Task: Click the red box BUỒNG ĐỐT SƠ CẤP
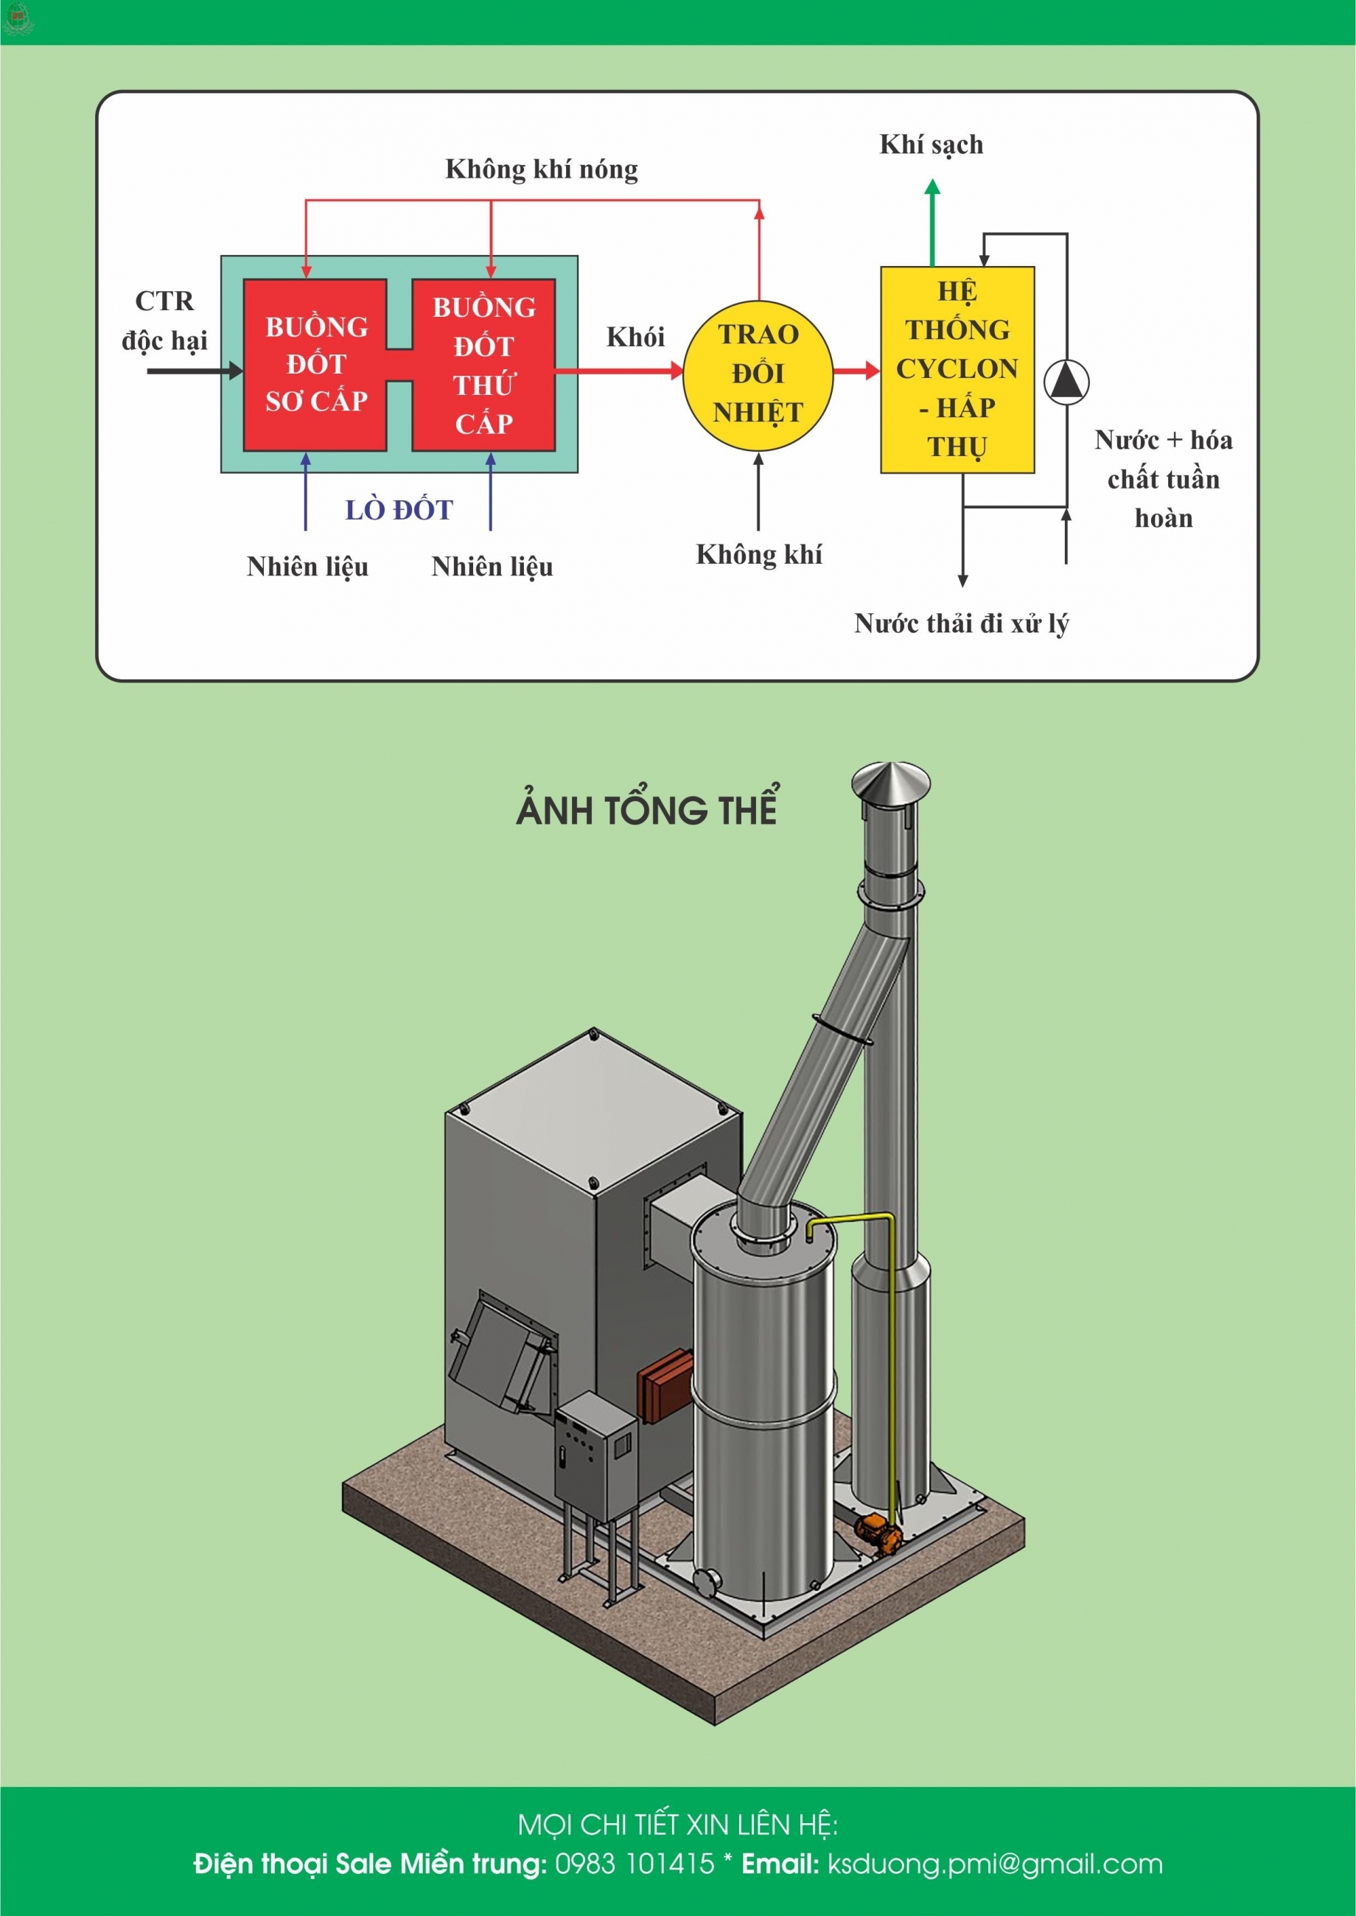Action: click(315, 365)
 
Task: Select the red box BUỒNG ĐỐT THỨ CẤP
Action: click(483, 365)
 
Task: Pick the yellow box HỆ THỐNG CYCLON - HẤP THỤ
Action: click(957, 370)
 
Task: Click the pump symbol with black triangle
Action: click(1066, 382)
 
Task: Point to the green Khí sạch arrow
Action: click(933, 221)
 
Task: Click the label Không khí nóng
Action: click(541, 169)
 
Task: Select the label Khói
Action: click(635, 338)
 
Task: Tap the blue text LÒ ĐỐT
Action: click(399, 510)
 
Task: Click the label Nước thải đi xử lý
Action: click(961, 623)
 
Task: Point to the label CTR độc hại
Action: click(164, 321)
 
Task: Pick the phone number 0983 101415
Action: click(635, 1864)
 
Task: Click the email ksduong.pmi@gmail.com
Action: click(994, 1864)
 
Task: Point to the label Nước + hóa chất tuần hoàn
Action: click(1163, 479)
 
